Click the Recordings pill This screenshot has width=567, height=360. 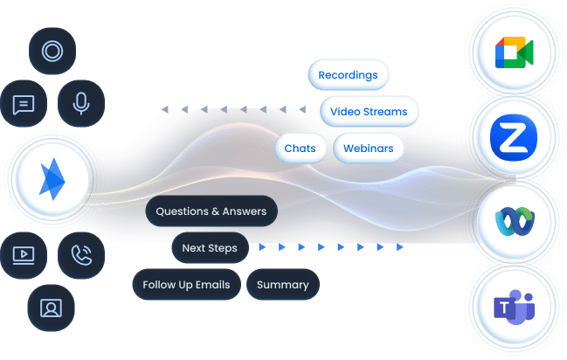[348, 75]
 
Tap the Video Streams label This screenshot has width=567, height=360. [369, 112]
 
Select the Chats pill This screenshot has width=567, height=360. [301, 149]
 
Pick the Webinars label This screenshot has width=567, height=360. [369, 149]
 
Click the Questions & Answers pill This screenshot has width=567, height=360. [211, 211]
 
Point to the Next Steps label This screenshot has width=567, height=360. [210, 248]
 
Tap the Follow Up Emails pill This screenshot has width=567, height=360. [186, 285]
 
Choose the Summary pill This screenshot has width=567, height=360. [283, 285]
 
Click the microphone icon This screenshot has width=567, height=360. [81, 105]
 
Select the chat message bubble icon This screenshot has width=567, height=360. [24, 105]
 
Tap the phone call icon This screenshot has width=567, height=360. [81, 255]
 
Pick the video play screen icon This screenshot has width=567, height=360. [24, 255]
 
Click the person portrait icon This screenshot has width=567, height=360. [52, 308]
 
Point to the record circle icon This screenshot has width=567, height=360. [52, 51]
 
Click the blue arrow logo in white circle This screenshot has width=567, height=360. [52, 180]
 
